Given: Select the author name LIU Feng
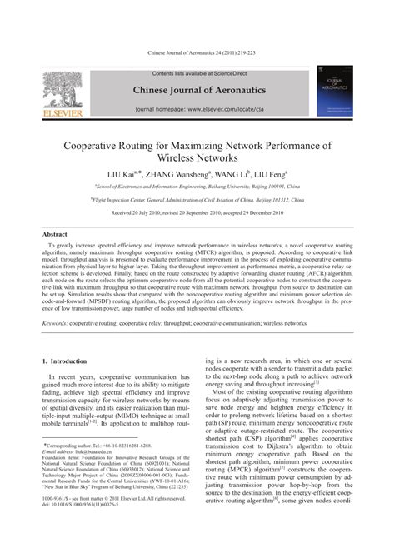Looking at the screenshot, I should [270, 175].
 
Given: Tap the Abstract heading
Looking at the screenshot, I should [55, 235].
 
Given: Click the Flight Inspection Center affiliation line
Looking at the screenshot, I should [197, 200].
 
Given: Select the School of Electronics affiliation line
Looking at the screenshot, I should [197, 188].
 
